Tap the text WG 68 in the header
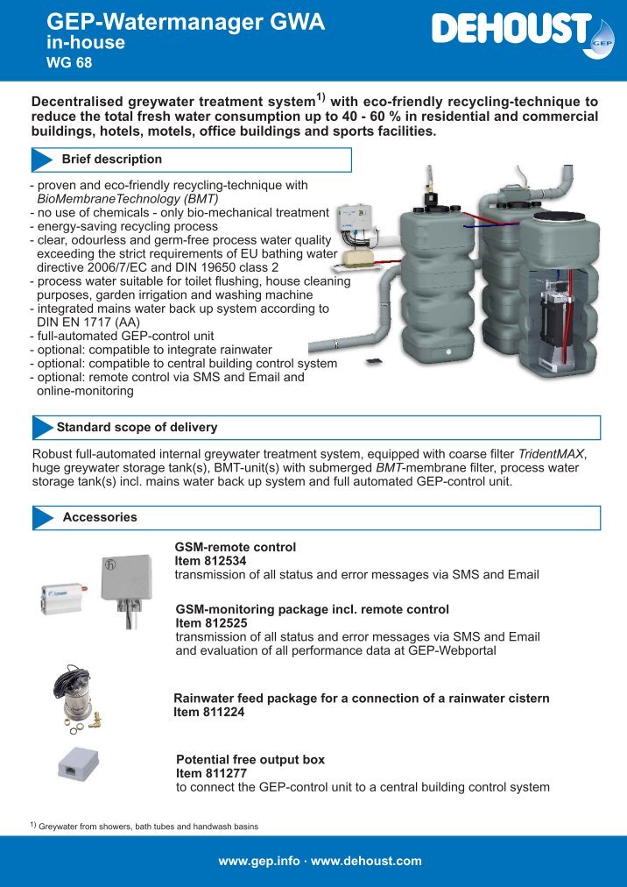point(68,62)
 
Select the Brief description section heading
point(111,160)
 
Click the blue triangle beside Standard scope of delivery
point(43,428)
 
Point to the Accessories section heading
point(100,517)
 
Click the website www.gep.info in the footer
point(259,861)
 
